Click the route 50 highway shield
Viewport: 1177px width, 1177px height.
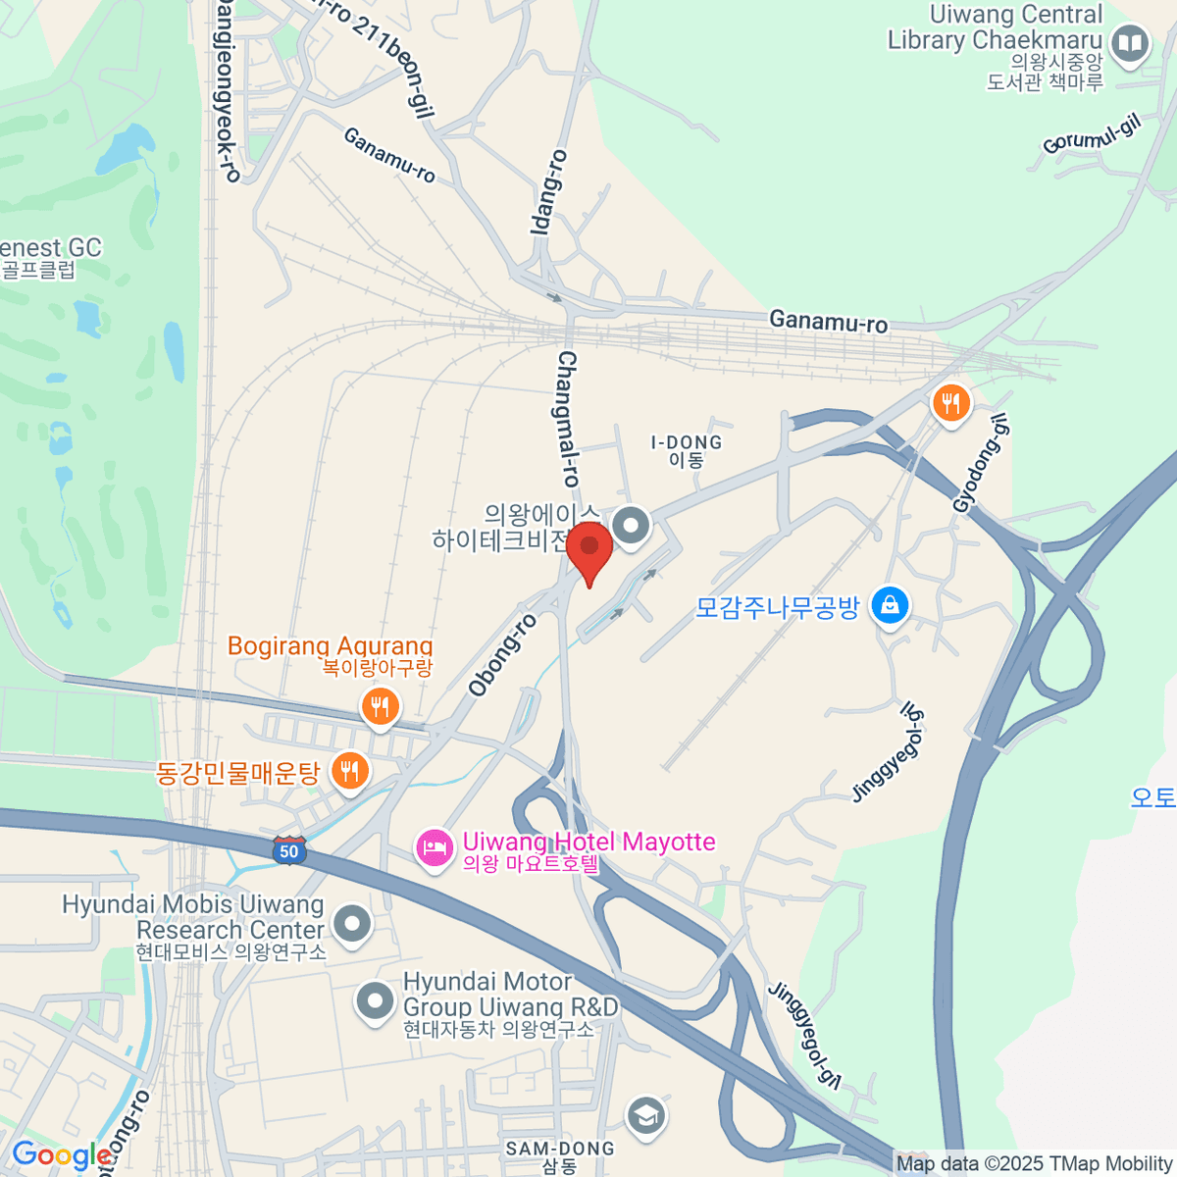289,850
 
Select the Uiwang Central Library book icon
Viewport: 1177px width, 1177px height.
1130,42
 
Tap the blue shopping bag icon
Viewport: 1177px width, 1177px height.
890,605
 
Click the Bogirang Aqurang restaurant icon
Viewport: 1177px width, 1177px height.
380,705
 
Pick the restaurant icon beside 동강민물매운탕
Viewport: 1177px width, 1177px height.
349,771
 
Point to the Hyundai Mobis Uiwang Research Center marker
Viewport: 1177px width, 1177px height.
352,923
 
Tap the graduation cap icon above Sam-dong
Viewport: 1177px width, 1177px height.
645,1116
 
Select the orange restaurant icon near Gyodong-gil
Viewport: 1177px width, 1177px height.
949,403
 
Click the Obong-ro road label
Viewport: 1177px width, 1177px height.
503,655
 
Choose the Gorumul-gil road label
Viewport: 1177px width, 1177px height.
1091,134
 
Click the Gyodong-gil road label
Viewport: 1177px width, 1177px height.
980,463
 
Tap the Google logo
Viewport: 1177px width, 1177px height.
61,1155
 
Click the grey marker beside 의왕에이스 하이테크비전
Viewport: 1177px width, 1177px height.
632,526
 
